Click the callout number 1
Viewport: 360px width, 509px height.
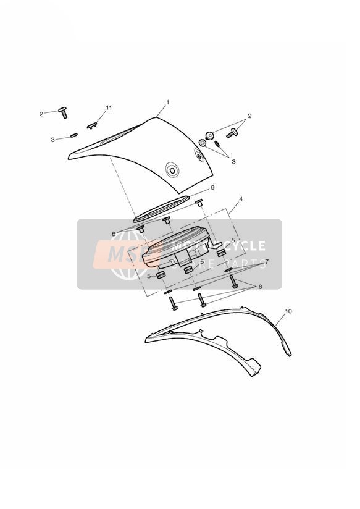[167, 103]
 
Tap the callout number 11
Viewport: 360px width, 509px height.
[109, 107]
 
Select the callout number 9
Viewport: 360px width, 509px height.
[212, 188]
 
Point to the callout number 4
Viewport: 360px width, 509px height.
[240, 198]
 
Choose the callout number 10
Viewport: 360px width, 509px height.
[288, 311]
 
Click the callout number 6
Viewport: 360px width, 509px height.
[113, 234]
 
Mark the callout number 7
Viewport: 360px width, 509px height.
[267, 261]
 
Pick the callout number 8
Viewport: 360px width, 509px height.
[260, 287]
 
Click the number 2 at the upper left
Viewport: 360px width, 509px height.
[41, 114]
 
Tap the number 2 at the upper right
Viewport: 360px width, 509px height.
[249, 116]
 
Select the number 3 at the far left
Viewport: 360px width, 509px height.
[52, 140]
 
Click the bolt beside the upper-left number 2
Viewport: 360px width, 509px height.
[64, 112]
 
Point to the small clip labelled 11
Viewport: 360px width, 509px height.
[92, 125]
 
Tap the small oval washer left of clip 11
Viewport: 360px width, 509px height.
[73, 135]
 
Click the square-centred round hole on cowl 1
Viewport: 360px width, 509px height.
[172, 169]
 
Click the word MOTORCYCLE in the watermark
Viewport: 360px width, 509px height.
[218, 245]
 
